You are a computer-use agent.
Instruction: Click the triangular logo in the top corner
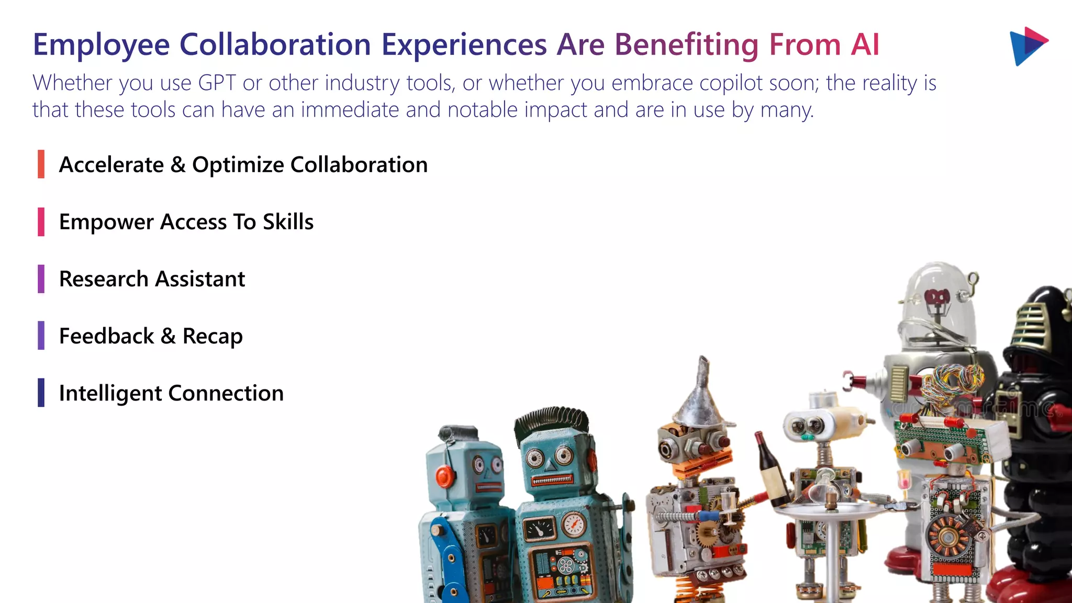1027,46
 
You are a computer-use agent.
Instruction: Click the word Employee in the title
101,45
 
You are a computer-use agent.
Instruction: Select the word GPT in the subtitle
217,83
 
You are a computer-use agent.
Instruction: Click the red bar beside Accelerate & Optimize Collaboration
41,164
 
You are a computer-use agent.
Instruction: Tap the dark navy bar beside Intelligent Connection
41,393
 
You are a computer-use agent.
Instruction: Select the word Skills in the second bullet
288,222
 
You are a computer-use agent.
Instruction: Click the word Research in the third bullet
104,279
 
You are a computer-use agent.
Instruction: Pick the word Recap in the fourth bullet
213,337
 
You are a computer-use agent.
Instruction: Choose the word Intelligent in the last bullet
110,394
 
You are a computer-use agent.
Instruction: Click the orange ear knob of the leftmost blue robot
445,476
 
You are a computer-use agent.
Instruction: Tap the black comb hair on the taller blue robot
551,419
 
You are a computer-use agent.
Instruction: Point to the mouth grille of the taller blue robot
552,479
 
